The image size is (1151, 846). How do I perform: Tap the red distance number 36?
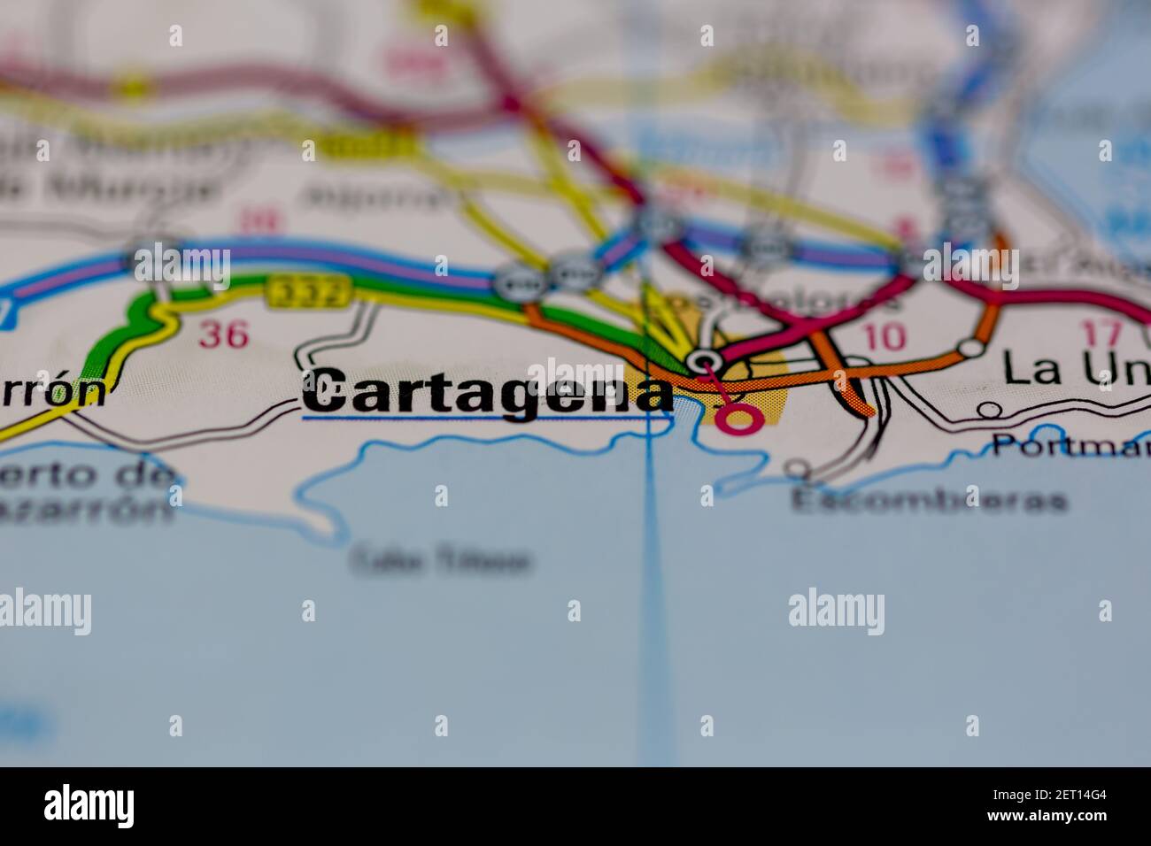(223, 334)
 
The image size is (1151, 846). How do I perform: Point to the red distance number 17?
(1101, 335)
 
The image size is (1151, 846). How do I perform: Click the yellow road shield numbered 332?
(307, 290)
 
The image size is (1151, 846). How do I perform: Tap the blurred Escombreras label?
(929, 501)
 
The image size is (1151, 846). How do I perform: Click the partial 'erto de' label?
(84, 475)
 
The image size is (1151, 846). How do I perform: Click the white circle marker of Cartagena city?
(705, 360)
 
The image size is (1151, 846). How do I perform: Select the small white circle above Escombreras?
(800, 468)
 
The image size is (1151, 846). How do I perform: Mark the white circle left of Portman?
(990, 410)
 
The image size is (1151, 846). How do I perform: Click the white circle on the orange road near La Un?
(972, 348)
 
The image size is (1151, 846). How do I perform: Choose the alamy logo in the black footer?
(89, 806)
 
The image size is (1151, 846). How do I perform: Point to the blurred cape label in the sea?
(442, 560)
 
